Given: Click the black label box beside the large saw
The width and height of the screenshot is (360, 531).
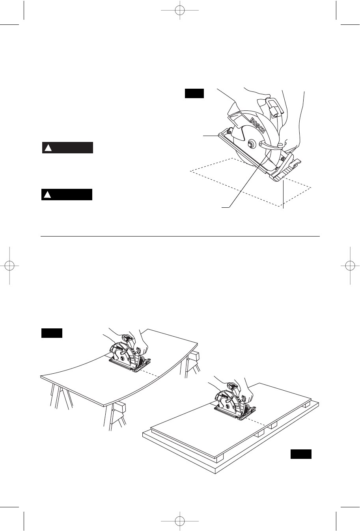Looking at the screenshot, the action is click(194, 93).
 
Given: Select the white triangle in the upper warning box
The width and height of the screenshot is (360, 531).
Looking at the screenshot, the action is click(48, 148).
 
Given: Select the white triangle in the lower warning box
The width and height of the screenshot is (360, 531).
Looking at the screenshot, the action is click(47, 195).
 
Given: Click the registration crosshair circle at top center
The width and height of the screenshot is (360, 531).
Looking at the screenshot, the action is click(180, 10).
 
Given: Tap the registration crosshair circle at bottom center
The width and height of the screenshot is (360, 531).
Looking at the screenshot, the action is click(180, 521).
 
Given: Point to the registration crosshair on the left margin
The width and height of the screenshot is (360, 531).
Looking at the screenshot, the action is click(9, 266).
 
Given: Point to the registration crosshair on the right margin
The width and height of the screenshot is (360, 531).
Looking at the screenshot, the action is click(350, 266).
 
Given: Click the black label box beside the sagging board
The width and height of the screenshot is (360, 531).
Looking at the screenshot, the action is click(52, 333).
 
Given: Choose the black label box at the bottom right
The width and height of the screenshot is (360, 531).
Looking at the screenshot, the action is click(301, 454).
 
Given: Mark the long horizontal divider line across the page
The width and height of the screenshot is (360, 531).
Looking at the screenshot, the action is click(180, 236).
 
